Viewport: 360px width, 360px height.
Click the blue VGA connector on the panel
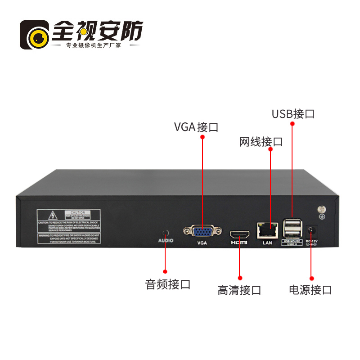202,231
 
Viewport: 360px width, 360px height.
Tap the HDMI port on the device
239,234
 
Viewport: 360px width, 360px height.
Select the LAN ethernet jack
268,230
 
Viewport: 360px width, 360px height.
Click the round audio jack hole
165,233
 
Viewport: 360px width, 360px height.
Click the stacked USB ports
292,229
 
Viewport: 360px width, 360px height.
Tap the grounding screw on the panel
322,209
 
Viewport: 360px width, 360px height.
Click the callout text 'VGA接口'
196,127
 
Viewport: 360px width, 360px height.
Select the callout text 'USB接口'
293,113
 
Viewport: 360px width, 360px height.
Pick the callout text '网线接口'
261,142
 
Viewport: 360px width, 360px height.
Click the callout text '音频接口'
168,284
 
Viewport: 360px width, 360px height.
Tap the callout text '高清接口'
239,290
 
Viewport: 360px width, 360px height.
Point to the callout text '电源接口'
310,289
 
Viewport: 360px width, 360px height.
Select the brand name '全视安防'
98,31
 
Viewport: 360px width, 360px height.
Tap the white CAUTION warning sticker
69,226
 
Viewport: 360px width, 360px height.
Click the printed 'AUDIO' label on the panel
165,241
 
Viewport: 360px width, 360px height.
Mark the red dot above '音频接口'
165,271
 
